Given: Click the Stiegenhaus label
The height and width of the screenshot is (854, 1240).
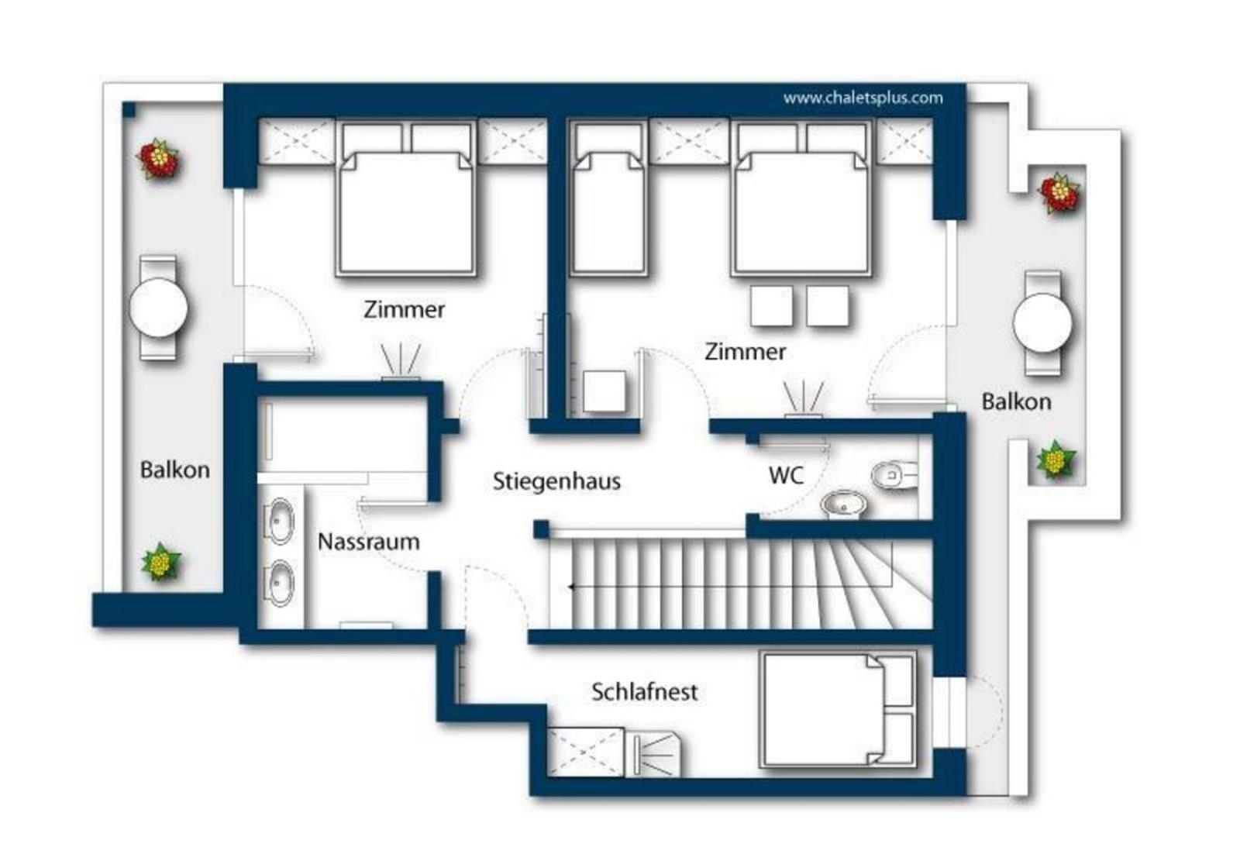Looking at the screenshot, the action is pyautogui.click(x=556, y=481).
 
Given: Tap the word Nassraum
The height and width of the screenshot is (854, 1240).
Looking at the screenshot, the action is pyautogui.click(x=369, y=541).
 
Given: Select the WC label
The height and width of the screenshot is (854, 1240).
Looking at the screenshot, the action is pyautogui.click(x=786, y=475).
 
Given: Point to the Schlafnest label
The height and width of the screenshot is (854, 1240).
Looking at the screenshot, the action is pyautogui.click(x=644, y=692).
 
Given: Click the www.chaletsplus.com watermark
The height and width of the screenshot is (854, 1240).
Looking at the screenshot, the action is pyautogui.click(x=863, y=98).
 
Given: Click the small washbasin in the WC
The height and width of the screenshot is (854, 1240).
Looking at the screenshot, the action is pyautogui.click(x=844, y=505).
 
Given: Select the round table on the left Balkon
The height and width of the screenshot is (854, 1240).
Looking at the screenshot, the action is pyautogui.click(x=158, y=308).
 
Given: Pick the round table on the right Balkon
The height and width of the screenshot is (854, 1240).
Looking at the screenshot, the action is pyautogui.click(x=1042, y=322).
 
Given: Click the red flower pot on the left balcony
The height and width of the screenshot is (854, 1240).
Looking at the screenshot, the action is pyautogui.click(x=159, y=159).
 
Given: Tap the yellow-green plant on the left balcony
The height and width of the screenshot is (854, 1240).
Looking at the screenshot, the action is pyautogui.click(x=160, y=562).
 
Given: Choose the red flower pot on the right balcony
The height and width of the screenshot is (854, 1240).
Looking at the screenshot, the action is pyautogui.click(x=1059, y=192).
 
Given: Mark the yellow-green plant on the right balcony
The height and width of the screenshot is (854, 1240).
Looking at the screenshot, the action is pyautogui.click(x=1055, y=460).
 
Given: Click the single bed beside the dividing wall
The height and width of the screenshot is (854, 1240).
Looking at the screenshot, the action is pyautogui.click(x=608, y=199).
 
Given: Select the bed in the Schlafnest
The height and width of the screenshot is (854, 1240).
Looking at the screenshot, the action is pyautogui.click(x=838, y=709).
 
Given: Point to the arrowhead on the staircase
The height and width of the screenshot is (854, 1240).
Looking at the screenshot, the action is pyautogui.click(x=571, y=587).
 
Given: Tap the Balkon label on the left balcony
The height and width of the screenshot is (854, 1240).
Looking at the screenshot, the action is pyautogui.click(x=175, y=470).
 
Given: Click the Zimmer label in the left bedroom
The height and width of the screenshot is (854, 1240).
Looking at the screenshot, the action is pyautogui.click(x=404, y=309).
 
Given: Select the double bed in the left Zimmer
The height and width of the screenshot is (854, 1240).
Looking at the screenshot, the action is pyautogui.click(x=406, y=199).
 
